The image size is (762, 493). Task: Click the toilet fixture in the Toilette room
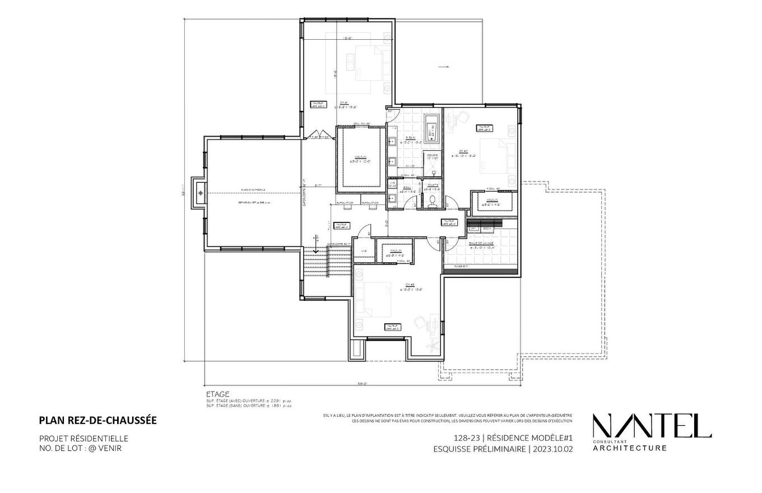click(x=432, y=202)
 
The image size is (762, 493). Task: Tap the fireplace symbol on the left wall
click(x=200, y=193)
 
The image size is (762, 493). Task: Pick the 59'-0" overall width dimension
click(x=362, y=384)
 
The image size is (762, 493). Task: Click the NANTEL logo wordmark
click(x=652, y=426)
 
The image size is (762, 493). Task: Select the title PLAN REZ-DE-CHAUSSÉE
click(x=98, y=420)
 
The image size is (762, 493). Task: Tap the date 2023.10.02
click(x=553, y=449)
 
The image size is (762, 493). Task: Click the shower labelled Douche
click(x=433, y=157)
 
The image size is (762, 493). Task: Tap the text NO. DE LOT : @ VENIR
click(x=80, y=448)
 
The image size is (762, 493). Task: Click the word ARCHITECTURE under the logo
click(x=630, y=448)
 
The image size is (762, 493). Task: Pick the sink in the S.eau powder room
click(x=392, y=197)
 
